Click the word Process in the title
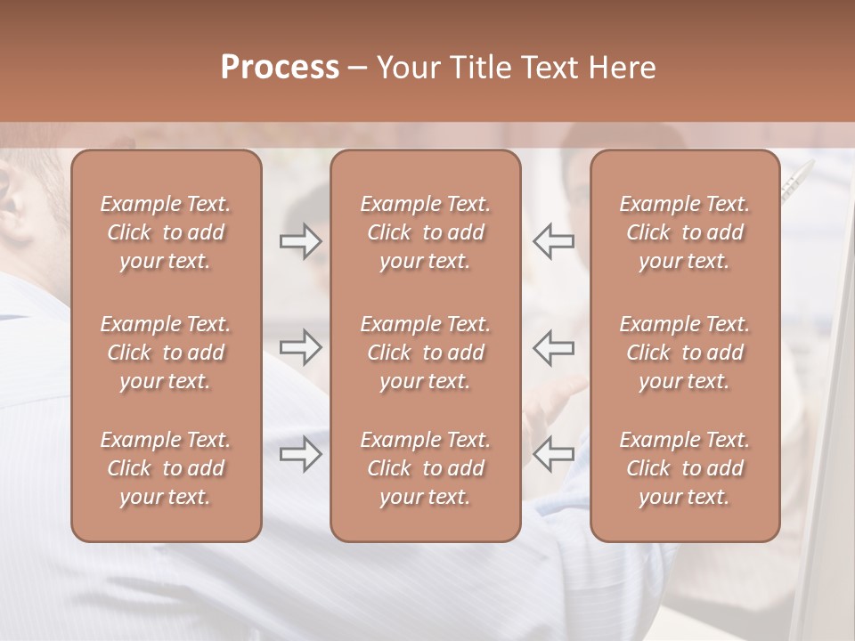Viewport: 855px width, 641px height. point(280,68)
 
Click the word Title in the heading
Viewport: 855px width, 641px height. point(478,68)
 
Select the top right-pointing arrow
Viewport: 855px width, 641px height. point(300,241)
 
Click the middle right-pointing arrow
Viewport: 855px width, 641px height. point(300,347)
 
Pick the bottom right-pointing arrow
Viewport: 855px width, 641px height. point(300,454)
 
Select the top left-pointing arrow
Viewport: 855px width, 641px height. point(554,241)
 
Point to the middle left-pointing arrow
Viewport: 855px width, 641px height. point(554,347)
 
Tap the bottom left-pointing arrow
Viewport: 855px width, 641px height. point(554,454)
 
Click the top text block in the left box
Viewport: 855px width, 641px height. point(166,232)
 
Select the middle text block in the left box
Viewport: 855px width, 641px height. point(166,353)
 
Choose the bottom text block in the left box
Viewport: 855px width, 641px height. point(166,468)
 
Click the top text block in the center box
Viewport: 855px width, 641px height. point(425,232)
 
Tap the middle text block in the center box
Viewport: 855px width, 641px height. point(425,353)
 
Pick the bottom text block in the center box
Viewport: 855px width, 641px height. point(425,468)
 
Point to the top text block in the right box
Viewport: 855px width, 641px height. point(684,232)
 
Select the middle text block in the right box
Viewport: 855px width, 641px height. point(684,353)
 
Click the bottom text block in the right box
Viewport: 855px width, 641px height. point(684,468)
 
